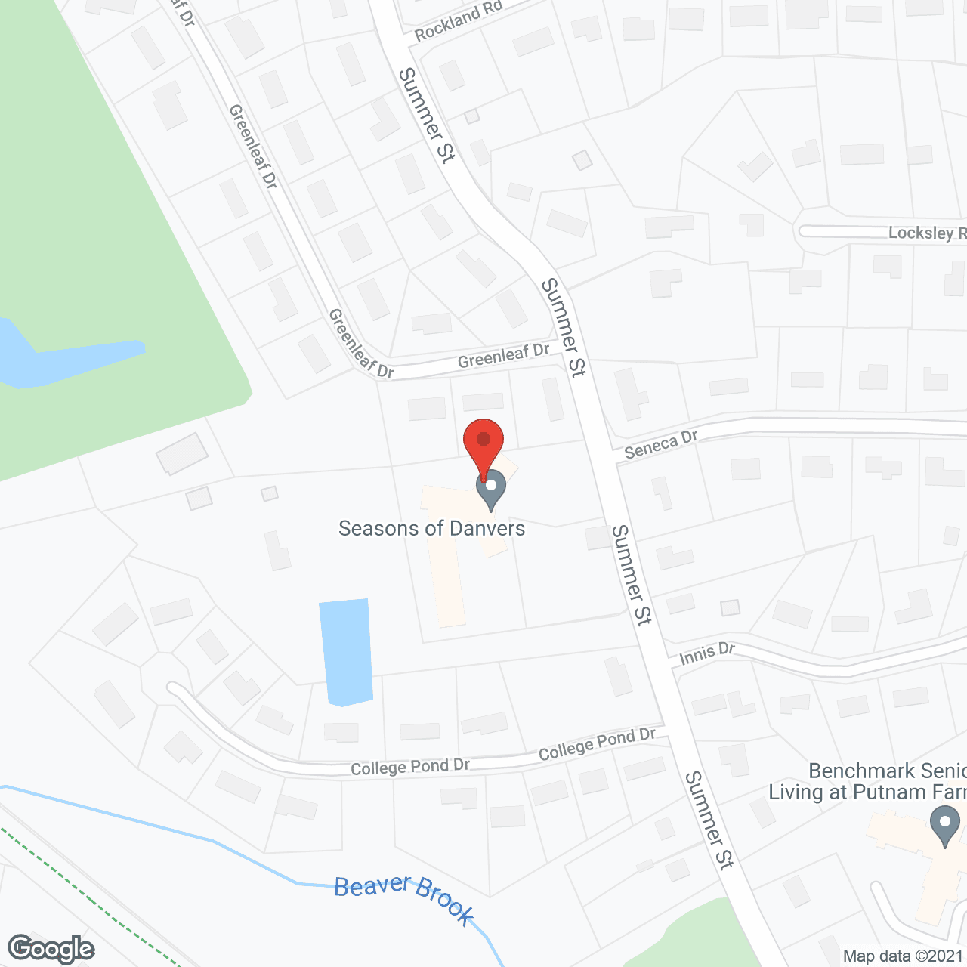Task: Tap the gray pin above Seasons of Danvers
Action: pyautogui.click(x=491, y=487)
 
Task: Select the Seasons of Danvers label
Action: pyautogui.click(x=431, y=528)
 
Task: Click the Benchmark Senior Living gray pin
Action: pyautogui.click(x=944, y=826)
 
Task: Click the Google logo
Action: pyautogui.click(x=51, y=949)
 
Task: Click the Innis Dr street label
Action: pyautogui.click(x=707, y=653)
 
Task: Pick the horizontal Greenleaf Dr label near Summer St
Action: pyautogui.click(x=504, y=355)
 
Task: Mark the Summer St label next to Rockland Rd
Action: pyautogui.click(x=427, y=115)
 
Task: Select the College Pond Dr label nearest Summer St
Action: pyautogui.click(x=597, y=744)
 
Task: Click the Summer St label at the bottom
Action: pyautogui.click(x=709, y=820)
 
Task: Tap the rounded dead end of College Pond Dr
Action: pyautogui.click(x=176, y=689)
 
